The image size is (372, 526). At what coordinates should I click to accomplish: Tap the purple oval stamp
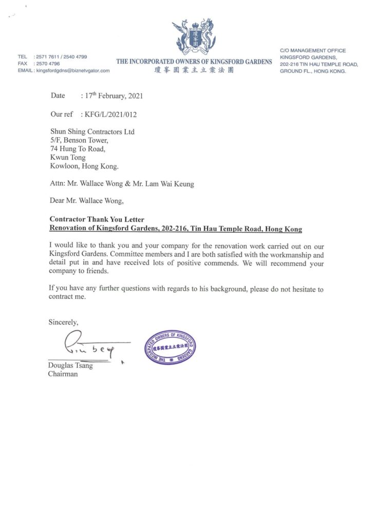click(x=170, y=348)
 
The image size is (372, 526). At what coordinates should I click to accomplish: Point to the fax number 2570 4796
click(x=48, y=63)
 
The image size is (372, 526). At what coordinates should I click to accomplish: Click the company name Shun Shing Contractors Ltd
click(x=92, y=132)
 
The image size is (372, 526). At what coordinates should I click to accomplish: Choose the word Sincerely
click(x=64, y=323)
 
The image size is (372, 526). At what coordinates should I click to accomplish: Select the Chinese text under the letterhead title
click(x=194, y=70)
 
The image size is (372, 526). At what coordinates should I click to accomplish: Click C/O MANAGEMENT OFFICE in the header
click(x=313, y=51)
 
